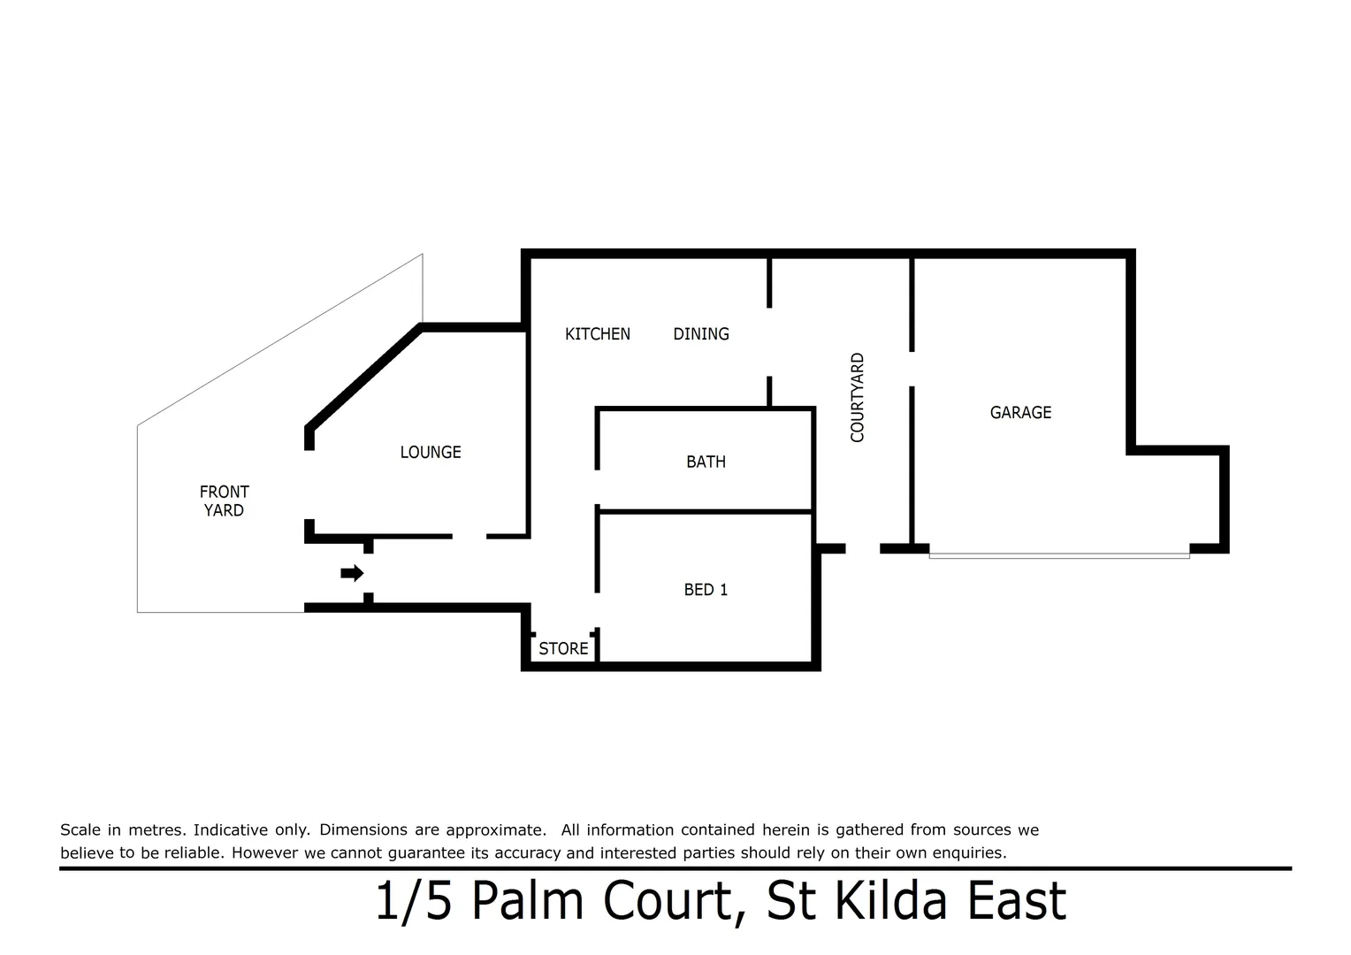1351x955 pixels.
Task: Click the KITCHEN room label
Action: pyautogui.click(x=597, y=334)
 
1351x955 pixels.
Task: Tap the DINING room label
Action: pyautogui.click(x=701, y=334)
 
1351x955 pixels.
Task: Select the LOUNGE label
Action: pyautogui.click(x=431, y=453)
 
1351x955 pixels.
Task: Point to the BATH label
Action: pyautogui.click(x=706, y=462)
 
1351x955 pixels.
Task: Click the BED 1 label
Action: pyautogui.click(x=706, y=590)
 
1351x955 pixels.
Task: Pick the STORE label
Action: pyautogui.click(x=563, y=649)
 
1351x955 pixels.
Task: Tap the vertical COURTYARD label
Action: pyautogui.click(x=857, y=397)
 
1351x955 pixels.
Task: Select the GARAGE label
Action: pyautogui.click(x=1020, y=413)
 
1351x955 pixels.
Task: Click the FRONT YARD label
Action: pyautogui.click(x=224, y=500)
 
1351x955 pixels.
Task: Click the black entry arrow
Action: pyautogui.click(x=352, y=573)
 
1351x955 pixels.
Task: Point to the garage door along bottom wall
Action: pyautogui.click(x=1058, y=554)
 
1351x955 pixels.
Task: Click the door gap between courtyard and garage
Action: pyautogui.click(x=912, y=369)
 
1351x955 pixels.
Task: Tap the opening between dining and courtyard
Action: pyautogui.click(x=769, y=342)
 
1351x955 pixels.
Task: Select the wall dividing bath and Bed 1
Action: pyautogui.click(x=706, y=511)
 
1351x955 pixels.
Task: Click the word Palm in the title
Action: pyautogui.click(x=526, y=902)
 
